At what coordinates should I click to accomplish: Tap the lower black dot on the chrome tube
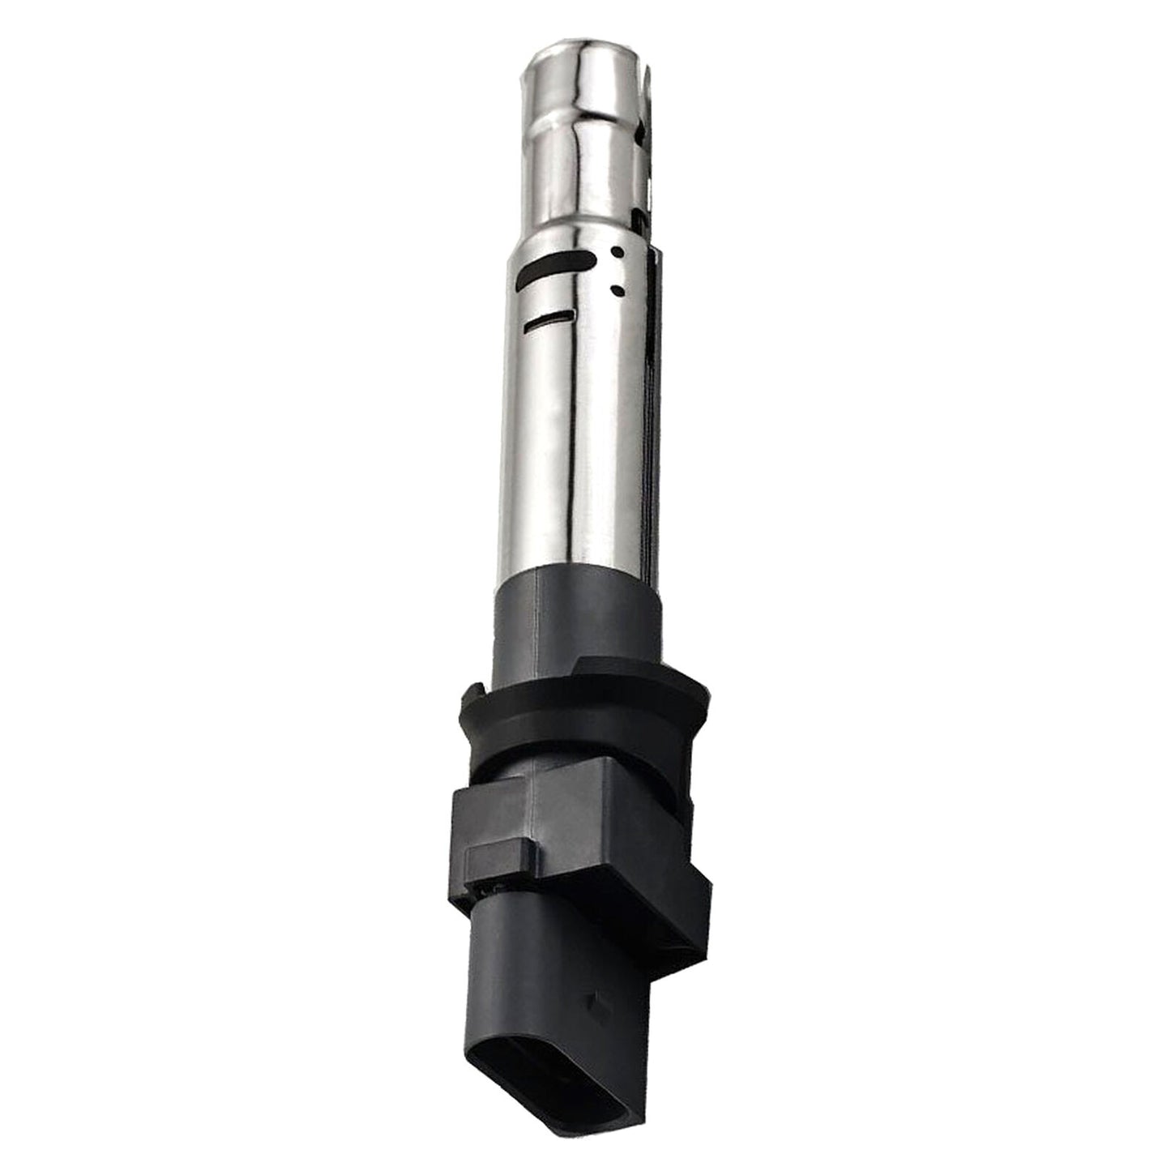pyautogui.click(x=619, y=289)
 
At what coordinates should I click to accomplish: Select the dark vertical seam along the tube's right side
pyautogui.click(x=651, y=405)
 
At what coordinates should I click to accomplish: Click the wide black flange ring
pyautogui.click(x=579, y=713)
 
